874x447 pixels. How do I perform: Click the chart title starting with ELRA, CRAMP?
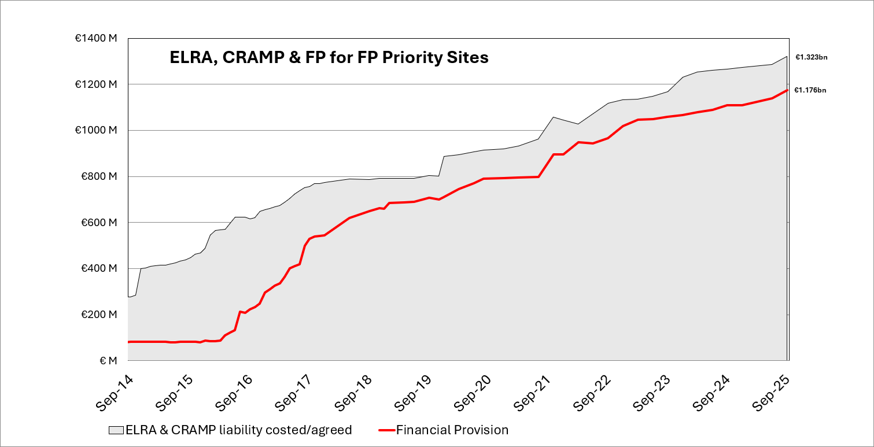(329, 58)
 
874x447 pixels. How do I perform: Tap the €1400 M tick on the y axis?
(96, 38)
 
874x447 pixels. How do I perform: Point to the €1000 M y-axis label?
(96, 131)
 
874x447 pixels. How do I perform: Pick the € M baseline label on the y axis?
(108, 361)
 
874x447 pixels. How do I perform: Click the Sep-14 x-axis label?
(115, 393)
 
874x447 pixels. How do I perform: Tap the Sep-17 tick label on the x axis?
(294, 393)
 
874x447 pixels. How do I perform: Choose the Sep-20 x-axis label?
(473, 393)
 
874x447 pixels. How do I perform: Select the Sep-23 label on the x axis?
(651, 393)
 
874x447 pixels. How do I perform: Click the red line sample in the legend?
(386, 430)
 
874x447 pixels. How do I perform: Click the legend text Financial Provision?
(452, 430)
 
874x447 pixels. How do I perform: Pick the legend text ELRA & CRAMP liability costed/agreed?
(238, 430)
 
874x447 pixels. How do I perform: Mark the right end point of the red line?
(787, 90)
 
